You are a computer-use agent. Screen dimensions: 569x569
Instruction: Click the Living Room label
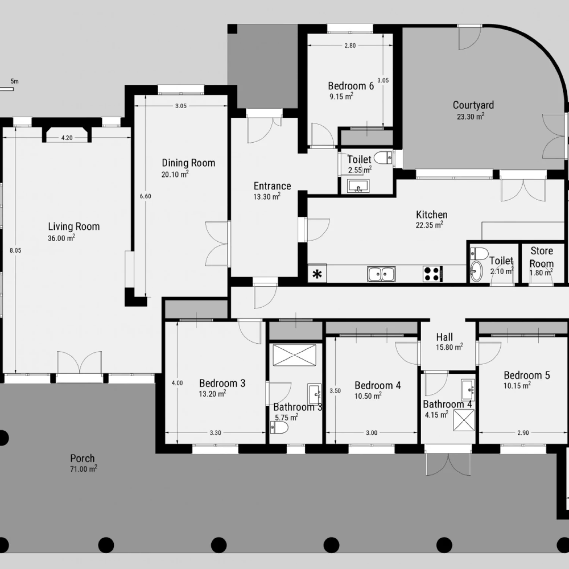tap(74, 226)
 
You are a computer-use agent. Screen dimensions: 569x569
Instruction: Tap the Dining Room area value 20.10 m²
tap(175, 174)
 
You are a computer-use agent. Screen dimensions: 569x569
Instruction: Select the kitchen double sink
tap(381, 274)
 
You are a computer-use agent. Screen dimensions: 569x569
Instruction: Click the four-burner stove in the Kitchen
tap(432, 274)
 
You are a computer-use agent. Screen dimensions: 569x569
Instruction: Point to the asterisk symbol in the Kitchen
tap(317, 274)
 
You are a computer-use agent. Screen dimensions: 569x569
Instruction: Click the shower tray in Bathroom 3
tap(294, 355)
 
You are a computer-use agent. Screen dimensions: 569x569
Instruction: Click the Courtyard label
tap(473, 105)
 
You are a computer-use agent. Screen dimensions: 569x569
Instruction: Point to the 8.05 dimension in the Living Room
tap(16, 250)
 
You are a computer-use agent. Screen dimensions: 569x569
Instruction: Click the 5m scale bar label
tap(15, 81)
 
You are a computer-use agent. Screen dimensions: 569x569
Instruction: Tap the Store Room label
tap(541, 257)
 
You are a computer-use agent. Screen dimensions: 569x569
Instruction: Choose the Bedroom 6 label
tap(351, 86)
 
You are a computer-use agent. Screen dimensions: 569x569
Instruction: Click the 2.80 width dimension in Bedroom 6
tap(350, 46)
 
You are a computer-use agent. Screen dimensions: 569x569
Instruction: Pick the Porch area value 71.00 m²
tap(83, 469)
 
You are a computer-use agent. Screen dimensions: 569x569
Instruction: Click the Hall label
tap(444, 337)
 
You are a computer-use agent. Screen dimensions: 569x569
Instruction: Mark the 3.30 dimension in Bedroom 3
tap(215, 433)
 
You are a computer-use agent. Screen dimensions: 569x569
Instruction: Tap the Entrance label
tap(272, 186)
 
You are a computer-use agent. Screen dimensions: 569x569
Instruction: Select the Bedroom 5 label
tap(527, 375)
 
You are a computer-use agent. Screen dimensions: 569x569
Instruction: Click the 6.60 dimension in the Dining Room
tap(145, 196)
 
